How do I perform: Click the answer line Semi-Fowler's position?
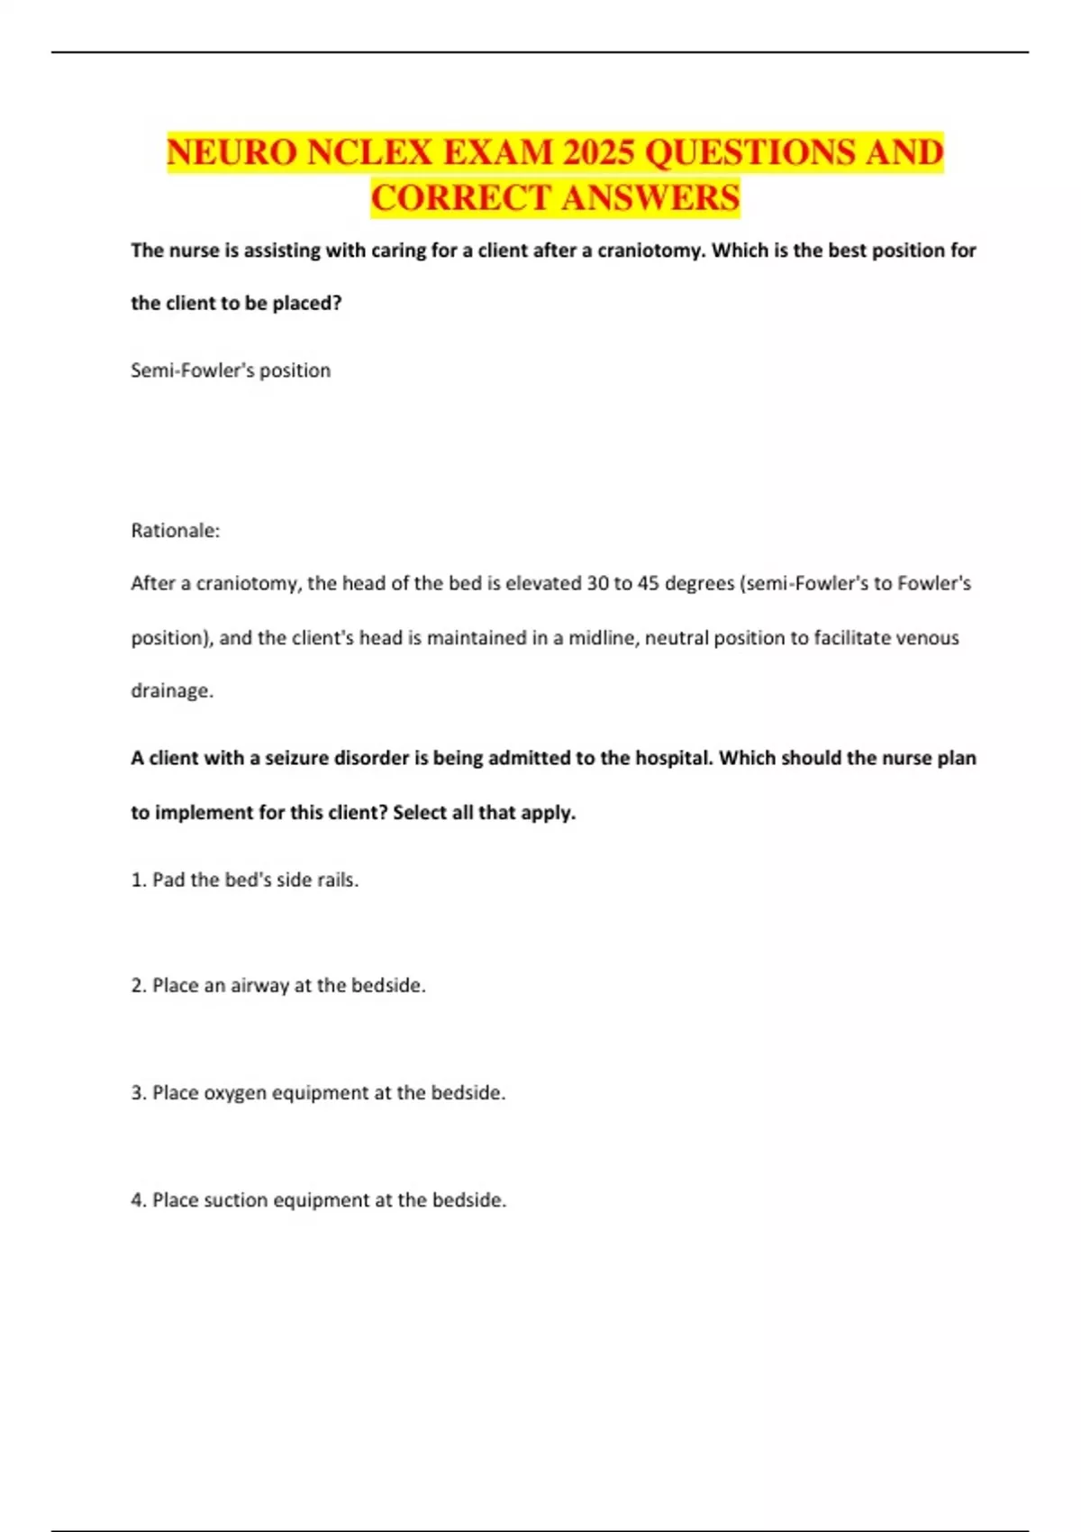click(x=231, y=370)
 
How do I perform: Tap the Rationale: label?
click(x=176, y=531)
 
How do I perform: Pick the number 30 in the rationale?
click(x=597, y=584)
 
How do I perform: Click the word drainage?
click(x=172, y=691)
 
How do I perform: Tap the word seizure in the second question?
click(x=297, y=758)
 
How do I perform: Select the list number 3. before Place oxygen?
click(x=139, y=1093)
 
